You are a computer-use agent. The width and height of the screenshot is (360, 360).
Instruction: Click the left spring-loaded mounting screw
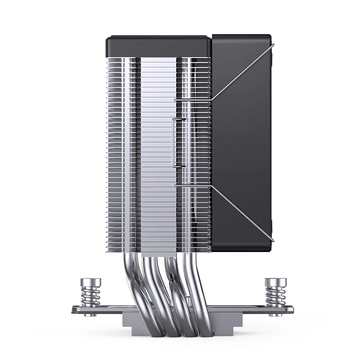[x=88, y=296]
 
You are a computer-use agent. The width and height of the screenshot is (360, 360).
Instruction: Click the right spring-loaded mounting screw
[x=272, y=296]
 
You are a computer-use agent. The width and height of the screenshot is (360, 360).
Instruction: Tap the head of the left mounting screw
[x=88, y=282]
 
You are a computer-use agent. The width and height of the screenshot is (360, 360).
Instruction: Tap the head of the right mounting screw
[x=272, y=282]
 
